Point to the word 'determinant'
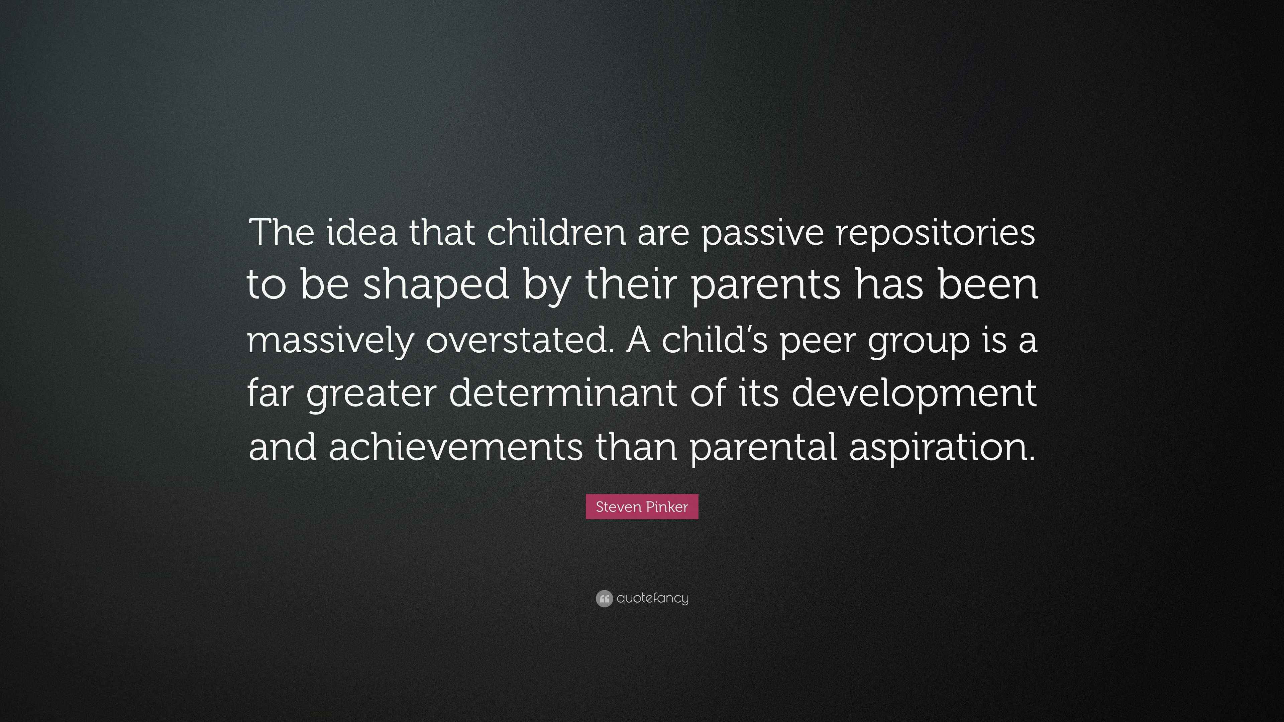pyautogui.click(x=563, y=393)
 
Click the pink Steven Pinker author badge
pyautogui.click(x=642, y=507)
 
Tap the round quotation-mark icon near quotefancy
pyautogui.click(x=604, y=598)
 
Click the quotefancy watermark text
pyautogui.click(x=652, y=598)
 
